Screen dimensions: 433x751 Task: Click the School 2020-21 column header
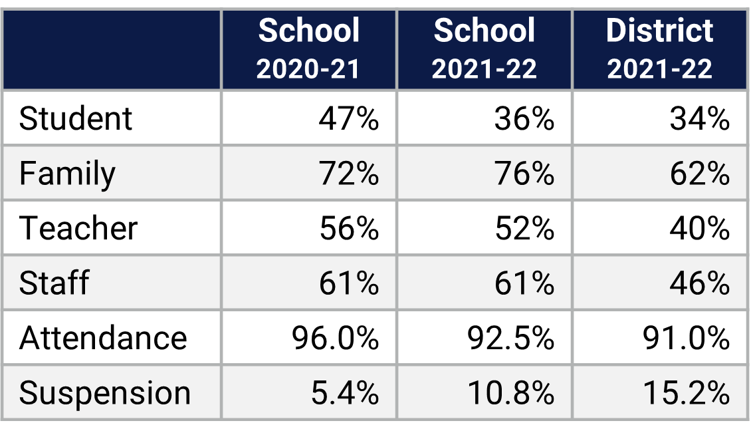click(308, 49)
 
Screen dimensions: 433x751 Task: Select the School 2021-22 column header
click(484, 49)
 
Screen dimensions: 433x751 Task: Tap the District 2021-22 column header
click(659, 49)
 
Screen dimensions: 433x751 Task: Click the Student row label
click(76, 119)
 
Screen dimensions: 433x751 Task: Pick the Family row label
click(67, 174)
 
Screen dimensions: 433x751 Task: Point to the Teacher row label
click(78, 228)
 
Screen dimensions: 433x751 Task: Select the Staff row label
click(54, 283)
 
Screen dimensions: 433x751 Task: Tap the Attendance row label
click(103, 338)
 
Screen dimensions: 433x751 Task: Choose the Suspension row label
click(105, 393)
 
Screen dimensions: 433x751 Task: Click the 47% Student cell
click(348, 119)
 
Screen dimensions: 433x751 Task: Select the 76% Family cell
click(524, 174)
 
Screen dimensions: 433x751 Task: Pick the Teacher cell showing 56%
click(348, 228)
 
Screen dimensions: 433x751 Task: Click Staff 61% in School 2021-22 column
click(524, 283)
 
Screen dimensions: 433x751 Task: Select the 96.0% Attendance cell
click(335, 338)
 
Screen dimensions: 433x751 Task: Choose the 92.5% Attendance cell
click(510, 338)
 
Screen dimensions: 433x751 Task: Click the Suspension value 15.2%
click(686, 393)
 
